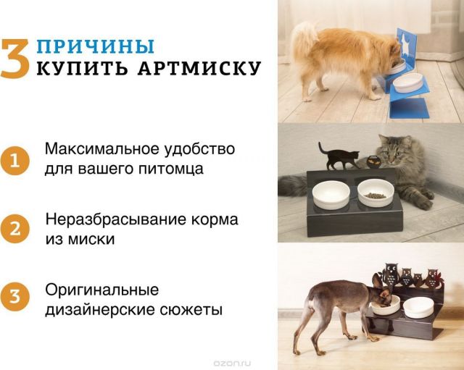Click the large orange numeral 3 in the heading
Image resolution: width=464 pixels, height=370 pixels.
14,59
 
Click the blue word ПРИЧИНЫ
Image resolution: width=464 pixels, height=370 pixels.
96,46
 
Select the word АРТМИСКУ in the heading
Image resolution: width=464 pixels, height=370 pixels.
199,68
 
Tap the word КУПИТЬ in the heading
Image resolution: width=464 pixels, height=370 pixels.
83,68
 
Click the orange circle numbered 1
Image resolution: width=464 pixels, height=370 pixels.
14,161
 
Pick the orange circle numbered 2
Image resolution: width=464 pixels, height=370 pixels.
14,229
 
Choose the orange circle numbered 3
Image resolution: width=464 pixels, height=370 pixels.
14,296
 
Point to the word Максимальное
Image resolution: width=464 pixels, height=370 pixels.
102,148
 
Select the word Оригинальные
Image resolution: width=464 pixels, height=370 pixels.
101,290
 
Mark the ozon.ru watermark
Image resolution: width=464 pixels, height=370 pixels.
232,363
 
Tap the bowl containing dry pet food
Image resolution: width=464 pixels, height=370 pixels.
376,193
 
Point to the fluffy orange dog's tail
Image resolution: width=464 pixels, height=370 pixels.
302,39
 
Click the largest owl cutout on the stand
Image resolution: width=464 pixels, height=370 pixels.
390,274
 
